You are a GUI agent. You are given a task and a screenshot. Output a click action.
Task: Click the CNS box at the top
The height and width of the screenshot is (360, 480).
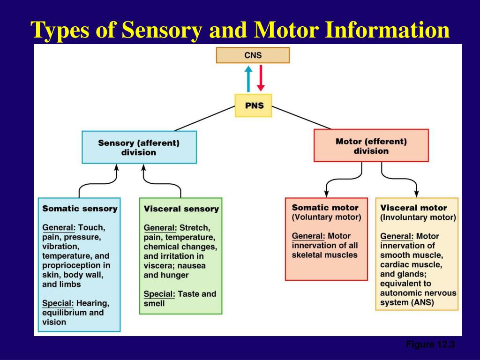point(253,55)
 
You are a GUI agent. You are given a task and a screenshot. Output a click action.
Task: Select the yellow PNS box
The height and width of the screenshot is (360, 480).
point(253,105)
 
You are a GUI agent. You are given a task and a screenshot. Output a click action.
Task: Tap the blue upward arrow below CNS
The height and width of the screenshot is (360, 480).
point(248,78)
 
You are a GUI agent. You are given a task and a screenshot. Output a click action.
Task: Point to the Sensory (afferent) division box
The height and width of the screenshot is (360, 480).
point(139,147)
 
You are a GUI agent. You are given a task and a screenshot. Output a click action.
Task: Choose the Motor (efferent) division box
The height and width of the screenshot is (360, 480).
point(371,146)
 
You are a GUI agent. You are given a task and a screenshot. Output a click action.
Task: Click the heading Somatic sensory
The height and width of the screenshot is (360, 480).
point(80,209)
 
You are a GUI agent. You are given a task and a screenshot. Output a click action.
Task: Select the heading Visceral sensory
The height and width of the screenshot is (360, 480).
point(181,209)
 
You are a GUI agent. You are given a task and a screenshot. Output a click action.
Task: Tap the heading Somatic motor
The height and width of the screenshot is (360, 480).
point(325,207)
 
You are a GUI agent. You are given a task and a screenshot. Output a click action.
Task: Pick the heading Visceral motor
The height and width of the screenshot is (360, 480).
point(413,208)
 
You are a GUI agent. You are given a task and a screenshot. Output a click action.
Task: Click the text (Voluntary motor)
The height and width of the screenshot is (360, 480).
point(326,217)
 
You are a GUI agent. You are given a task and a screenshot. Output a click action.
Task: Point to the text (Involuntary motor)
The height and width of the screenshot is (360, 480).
point(418,217)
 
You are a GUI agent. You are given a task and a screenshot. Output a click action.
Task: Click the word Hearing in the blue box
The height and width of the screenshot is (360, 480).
point(94,303)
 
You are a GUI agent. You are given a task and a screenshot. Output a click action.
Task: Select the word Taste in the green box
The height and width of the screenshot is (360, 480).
point(189,294)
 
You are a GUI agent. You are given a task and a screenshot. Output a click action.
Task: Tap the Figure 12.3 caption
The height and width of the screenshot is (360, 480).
point(430,345)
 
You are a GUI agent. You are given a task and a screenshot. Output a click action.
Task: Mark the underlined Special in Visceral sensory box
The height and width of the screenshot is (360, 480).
point(158,294)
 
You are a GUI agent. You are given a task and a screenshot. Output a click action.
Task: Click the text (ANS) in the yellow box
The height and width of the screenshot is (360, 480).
point(423,302)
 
